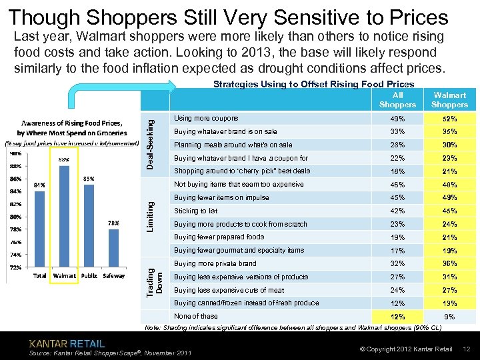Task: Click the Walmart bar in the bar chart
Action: [64, 217]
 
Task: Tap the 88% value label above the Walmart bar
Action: [64, 160]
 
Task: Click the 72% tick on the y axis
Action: [15, 267]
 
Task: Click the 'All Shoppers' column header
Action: [397, 100]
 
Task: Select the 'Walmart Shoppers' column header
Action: [449, 100]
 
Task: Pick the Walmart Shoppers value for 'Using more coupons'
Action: [449, 119]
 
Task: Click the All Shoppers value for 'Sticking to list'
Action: [397, 211]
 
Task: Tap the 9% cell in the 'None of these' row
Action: [449, 317]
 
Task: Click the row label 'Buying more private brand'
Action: [215, 263]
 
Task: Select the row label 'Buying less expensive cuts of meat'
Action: [229, 290]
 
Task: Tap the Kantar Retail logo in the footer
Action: [67, 343]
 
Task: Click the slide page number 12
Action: [467, 349]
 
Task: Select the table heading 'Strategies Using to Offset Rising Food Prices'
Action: [313, 84]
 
